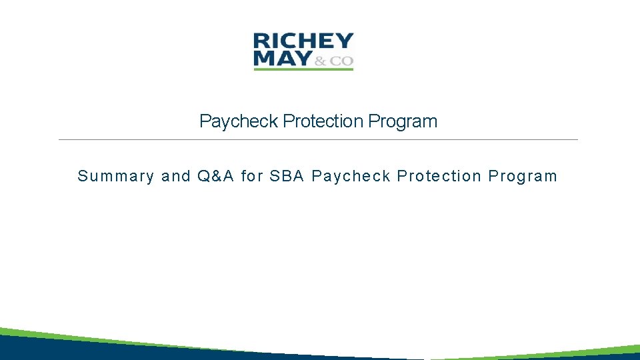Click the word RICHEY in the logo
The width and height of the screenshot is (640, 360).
303,41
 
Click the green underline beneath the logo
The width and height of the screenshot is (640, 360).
303,69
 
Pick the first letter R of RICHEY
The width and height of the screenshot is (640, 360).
261,41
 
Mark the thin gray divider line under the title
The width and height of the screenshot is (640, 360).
318,139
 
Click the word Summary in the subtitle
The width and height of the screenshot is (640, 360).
115,177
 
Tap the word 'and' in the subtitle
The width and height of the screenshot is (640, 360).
176,177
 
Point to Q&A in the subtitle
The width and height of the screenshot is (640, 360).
215,177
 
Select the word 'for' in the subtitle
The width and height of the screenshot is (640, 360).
252,177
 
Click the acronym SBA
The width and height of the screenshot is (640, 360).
287,177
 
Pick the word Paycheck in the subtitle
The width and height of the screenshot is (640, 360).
350,177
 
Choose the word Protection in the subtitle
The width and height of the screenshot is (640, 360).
439,177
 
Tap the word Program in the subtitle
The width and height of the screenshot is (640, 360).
523,177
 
